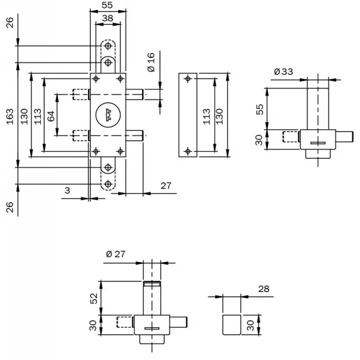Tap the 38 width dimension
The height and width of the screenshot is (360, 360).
coord(108,18)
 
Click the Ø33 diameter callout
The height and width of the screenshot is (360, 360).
coord(283,71)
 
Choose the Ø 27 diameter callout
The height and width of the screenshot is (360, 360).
coord(116,254)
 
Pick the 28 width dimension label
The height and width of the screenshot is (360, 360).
coord(264,288)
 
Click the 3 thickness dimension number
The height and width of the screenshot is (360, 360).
coord(67,190)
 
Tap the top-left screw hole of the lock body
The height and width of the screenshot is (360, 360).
coord(95,79)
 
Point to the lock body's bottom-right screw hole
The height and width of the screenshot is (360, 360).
coord(120,151)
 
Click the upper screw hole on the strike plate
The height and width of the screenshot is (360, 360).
coord(188,79)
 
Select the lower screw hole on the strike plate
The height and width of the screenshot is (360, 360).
coord(188,150)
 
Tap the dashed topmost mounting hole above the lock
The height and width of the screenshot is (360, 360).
coord(108,46)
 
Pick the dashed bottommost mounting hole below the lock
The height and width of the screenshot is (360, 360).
coord(108,184)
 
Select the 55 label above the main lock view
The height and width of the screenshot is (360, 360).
coord(108,5)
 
